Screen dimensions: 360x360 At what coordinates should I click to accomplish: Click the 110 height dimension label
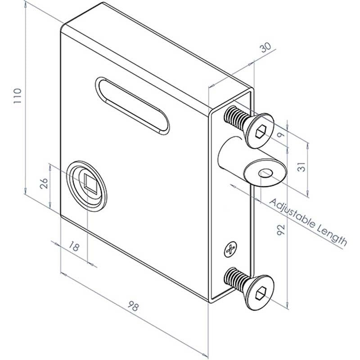pyautogui.click(x=18, y=96)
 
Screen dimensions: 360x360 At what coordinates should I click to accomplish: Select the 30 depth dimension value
pyautogui.click(x=265, y=48)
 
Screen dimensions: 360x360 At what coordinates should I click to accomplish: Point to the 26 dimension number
pyautogui.click(x=44, y=184)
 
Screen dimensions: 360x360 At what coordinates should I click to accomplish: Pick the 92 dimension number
pyautogui.click(x=280, y=230)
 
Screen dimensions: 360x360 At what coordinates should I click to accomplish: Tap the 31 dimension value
pyautogui.click(x=301, y=167)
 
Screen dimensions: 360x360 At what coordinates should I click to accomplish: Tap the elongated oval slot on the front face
pyautogui.click(x=132, y=106)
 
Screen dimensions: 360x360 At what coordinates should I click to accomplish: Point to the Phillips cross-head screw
pyautogui.click(x=230, y=249)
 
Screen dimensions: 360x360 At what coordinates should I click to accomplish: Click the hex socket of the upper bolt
pyautogui.click(x=261, y=132)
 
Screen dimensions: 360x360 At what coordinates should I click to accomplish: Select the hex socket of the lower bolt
pyautogui.click(x=261, y=294)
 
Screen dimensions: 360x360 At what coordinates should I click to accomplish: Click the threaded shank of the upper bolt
pyautogui.click(x=236, y=118)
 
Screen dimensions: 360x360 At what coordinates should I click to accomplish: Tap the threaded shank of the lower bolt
pyautogui.click(x=236, y=279)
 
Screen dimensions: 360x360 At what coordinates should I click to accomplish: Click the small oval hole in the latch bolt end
pyautogui.click(x=266, y=173)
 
